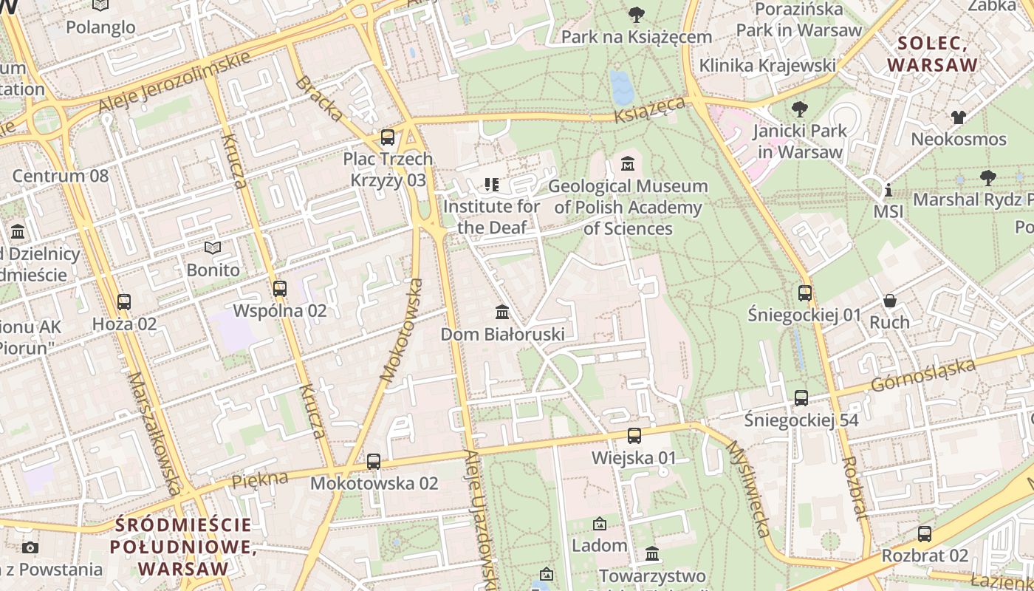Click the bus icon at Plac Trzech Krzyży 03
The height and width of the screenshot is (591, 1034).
pyautogui.click(x=387, y=137)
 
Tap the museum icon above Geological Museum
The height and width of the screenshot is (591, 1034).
pyautogui.click(x=628, y=163)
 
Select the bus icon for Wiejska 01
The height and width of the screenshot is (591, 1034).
pyautogui.click(x=634, y=436)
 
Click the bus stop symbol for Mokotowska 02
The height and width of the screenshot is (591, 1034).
pyautogui.click(x=374, y=462)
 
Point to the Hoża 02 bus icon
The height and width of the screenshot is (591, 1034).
pyautogui.click(x=124, y=302)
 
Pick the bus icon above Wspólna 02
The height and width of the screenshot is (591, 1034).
pyautogui.click(x=279, y=289)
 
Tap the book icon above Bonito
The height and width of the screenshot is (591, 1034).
pyautogui.click(x=213, y=247)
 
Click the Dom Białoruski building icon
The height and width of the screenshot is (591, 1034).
pyautogui.click(x=502, y=312)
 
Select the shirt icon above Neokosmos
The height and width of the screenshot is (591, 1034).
pyautogui.click(x=958, y=117)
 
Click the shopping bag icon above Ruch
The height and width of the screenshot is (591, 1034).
pyautogui.click(x=890, y=301)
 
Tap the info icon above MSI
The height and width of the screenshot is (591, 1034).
pyautogui.click(x=888, y=190)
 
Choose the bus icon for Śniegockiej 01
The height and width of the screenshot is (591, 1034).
pyautogui.click(x=805, y=293)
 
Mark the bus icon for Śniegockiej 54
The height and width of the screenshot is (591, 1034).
pyautogui.click(x=801, y=398)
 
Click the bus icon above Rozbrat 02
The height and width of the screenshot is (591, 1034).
pyautogui.click(x=924, y=533)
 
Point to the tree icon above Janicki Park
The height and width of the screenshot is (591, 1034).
pyautogui.click(x=798, y=110)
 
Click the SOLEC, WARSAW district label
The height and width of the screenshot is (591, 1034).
pyautogui.click(x=932, y=54)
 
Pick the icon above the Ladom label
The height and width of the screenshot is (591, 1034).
pyautogui.click(x=600, y=524)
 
